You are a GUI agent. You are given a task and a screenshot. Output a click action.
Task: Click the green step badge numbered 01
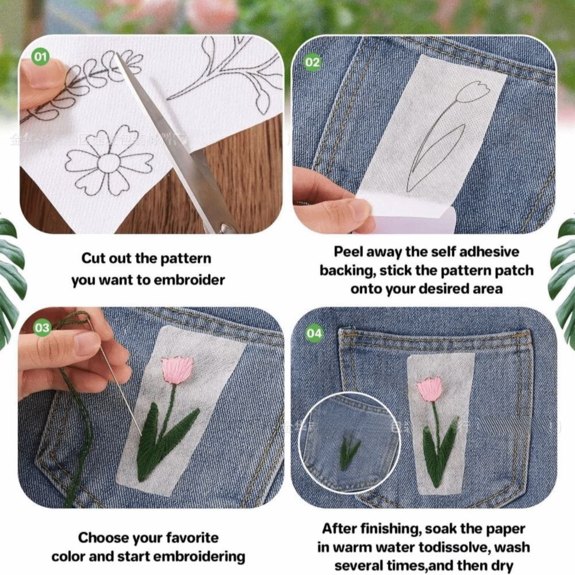click(40, 56)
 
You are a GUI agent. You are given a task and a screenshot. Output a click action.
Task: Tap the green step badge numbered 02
click(312, 62)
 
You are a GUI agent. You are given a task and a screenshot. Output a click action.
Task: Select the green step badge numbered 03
click(43, 328)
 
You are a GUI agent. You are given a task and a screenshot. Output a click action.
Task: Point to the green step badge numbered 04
click(315, 333)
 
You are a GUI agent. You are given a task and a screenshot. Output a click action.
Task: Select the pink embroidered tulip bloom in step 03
click(177, 370)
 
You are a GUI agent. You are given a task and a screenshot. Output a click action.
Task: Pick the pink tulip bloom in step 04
click(430, 389)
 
